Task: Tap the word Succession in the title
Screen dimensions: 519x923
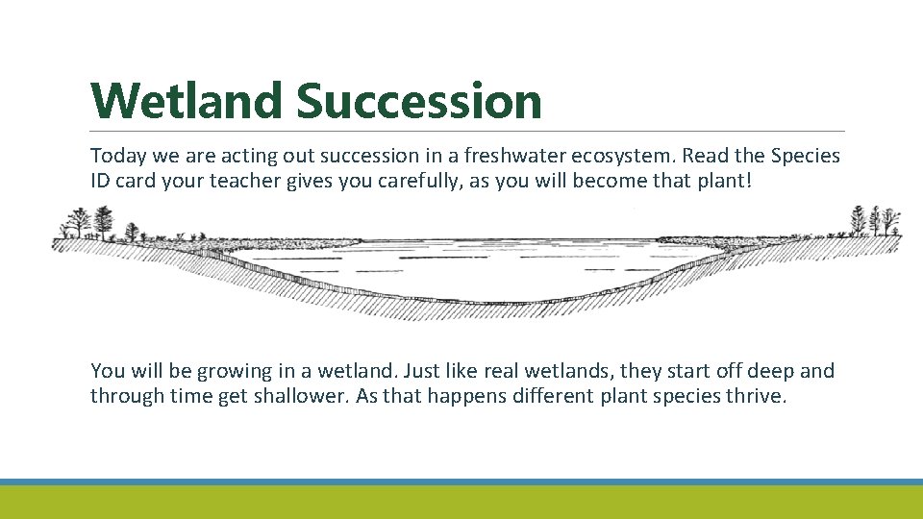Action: pyautogui.click(x=419, y=101)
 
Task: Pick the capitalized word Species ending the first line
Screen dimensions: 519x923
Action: pyautogui.click(x=806, y=156)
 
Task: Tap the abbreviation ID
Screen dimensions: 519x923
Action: pyautogui.click(x=101, y=181)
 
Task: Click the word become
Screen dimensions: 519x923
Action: pyautogui.click(x=607, y=181)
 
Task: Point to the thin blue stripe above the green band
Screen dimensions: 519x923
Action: pyautogui.click(x=461, y=482)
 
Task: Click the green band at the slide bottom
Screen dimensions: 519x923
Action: pyautogui.click(x=461, y=502)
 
